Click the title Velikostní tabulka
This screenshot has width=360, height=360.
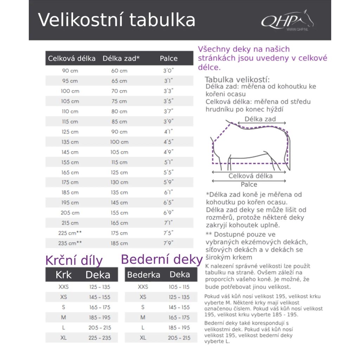[x=116, y=20]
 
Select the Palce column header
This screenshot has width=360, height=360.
[x=169, y=58]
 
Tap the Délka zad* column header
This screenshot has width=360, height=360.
[x=121, y=58]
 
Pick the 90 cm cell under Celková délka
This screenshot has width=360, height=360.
[x=70, y=71]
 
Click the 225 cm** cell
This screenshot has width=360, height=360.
[x=70, y=233]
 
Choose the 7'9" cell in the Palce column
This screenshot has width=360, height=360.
[x=168, y=243]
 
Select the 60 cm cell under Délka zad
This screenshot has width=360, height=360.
[x=119, y=71]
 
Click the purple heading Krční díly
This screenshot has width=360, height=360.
[x=74, y=261]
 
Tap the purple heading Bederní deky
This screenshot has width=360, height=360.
[x=162, y=259]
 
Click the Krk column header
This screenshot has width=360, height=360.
[x=64, y=275]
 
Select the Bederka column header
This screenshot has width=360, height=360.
[x=143, y=275]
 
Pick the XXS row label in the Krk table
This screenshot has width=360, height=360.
[x=64, y=287]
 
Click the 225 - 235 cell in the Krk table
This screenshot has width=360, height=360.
[x=100, y=338]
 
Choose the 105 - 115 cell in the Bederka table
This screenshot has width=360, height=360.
[x=179, y=287]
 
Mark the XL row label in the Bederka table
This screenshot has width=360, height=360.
[x=143, y=338]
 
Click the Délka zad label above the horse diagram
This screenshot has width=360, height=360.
[x=260, y=119]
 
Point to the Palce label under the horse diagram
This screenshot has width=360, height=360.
[x=249, y=185]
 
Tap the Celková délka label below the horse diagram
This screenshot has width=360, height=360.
[x=250, y=176]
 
